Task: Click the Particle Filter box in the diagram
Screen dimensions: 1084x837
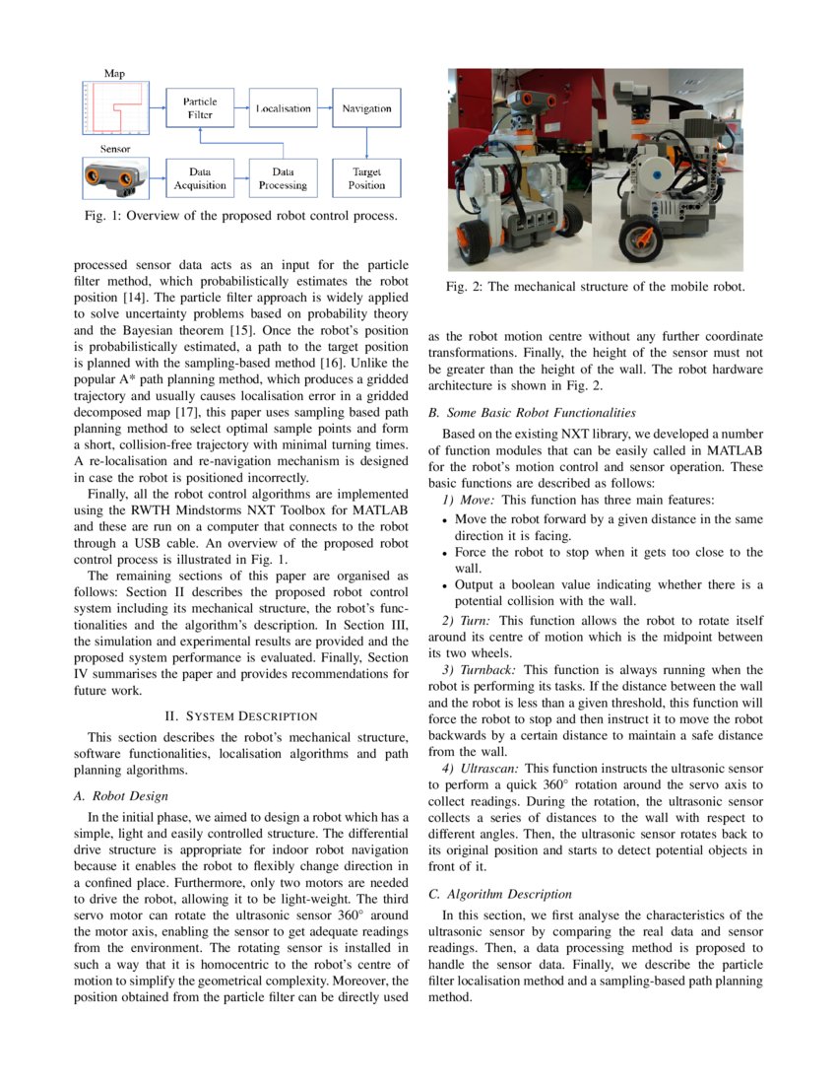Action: [200, 108]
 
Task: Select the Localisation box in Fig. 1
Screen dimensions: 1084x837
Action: [284, 108]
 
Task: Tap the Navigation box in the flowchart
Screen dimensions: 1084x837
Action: [366, 108]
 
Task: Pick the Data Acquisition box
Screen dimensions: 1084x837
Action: [200, 178]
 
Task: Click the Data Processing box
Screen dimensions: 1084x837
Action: [284, 178]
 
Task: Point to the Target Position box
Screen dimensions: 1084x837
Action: [366, 178]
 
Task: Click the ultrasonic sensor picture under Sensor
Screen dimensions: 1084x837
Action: [115, 178]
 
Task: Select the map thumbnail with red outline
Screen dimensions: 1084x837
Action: [115, 108]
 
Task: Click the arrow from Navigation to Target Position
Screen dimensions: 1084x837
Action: [366, 144]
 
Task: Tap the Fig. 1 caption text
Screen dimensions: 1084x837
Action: [240, 216]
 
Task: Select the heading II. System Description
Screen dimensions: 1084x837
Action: [240, 715]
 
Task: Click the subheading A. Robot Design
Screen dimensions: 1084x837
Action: [120, 795]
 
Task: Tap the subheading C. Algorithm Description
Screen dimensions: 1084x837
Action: [500, 894]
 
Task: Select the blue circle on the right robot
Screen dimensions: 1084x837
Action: [653, 176]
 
